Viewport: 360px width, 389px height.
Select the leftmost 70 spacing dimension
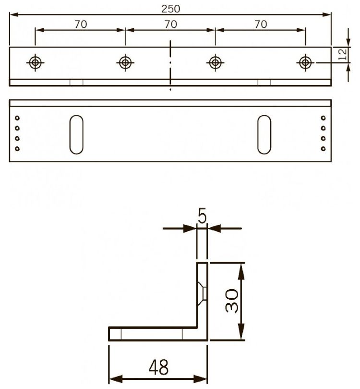81,24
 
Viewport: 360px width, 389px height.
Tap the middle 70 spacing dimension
170,24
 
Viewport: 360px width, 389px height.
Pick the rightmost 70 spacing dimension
261,24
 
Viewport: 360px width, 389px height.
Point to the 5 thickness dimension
202,217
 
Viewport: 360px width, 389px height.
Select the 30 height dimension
232,301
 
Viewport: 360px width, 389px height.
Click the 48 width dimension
158,368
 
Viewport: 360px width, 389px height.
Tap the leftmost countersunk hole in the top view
35,62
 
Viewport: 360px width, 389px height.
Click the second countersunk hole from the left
125,62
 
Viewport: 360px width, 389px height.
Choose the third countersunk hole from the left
215,62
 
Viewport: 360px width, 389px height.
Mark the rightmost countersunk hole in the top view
305,62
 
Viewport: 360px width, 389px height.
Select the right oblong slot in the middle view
264,134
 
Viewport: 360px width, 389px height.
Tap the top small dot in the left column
17,118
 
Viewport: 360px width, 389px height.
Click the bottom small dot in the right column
323,149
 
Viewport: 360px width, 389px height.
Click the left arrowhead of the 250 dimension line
13,14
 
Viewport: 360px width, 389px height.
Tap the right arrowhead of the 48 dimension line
203,379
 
